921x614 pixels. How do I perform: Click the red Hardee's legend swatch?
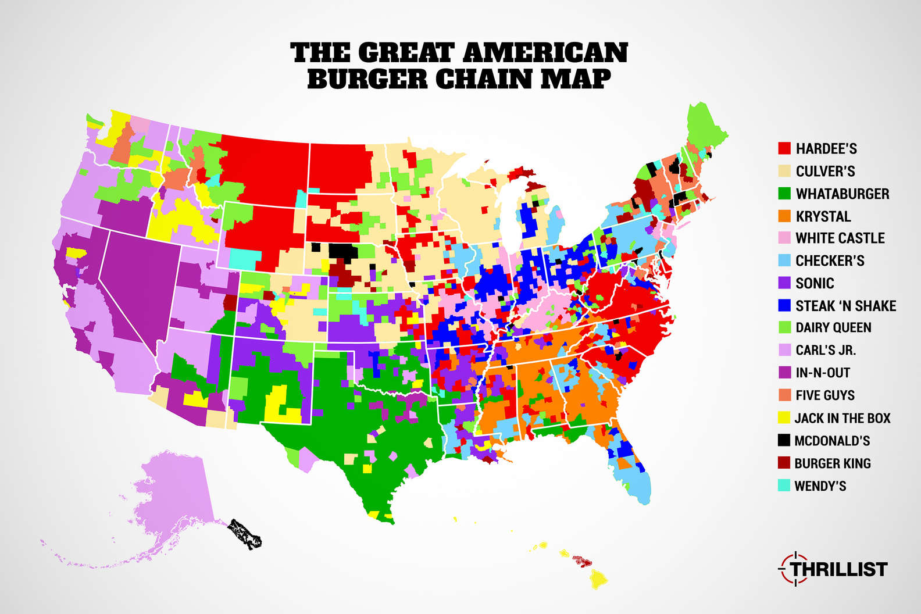pos(784,148)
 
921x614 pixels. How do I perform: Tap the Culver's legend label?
pos(825,171)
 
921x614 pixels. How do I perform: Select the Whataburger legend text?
pos(842,194)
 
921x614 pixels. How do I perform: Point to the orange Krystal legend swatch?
pos(784,216)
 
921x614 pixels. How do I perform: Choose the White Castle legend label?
pos(840,238)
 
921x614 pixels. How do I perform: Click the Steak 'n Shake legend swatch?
pos(784,306)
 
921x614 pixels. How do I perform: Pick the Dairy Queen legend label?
pos(833,328)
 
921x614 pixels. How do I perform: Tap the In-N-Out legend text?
pos(823,373)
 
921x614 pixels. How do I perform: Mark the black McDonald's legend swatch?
pos(784,441)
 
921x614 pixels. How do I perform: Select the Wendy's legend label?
pos(820,486)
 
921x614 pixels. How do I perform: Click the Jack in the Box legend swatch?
pos(784,418)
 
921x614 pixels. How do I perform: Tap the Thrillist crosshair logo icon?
pos(789,568)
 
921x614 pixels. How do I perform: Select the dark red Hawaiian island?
pos(582,562)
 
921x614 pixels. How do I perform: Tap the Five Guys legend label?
pos(824,395)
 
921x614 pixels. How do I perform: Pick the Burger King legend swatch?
pos(784,463)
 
